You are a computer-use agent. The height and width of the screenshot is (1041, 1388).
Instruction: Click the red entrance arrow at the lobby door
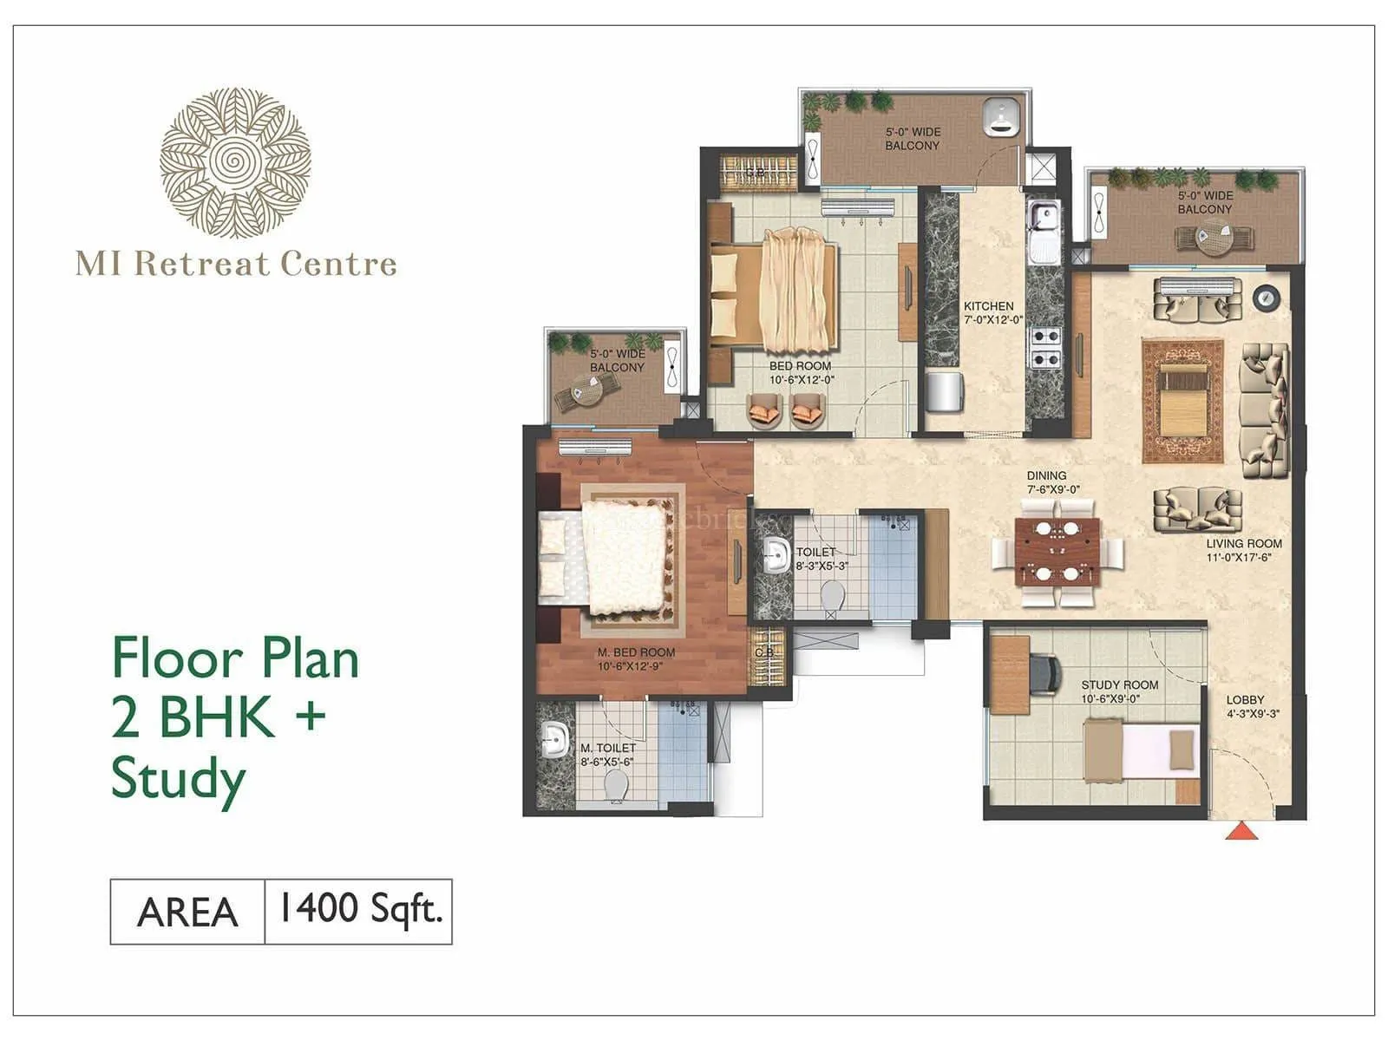click(x=1241, y=831)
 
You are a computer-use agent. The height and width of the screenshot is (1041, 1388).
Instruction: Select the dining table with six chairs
click(x=1057, y=551)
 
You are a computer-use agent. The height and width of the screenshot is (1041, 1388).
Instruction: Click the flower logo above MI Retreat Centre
click(x=235, y=162)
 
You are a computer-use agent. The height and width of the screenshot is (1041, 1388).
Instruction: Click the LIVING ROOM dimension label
click(x=1243, y=550)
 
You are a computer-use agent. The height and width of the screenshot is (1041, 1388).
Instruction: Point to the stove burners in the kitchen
click(x=1044, y=347)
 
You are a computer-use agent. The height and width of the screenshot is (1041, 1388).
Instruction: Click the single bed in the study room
click(x=1141, y=749)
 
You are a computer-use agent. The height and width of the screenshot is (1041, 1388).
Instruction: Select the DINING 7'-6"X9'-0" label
click(x=1047, y=482)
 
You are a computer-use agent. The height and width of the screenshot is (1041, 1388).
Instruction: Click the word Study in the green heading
click(x=179, y=779)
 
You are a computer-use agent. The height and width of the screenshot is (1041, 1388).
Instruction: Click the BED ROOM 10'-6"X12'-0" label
click(x=801, y=372)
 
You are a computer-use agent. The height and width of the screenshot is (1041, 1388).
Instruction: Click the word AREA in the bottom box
click(x=187, y=912)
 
